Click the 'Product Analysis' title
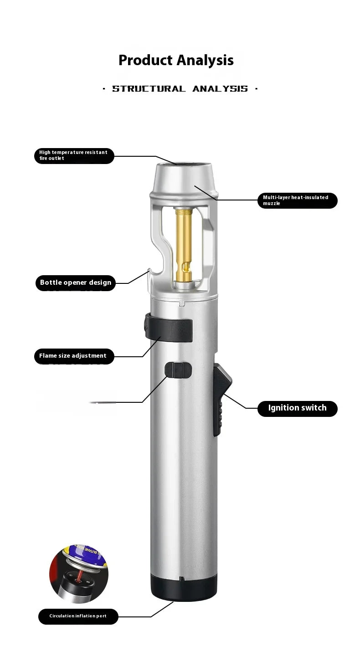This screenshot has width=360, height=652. (176, 60)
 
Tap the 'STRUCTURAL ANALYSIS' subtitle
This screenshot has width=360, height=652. (180, 89)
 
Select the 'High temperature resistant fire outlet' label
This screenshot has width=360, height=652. (74, 155)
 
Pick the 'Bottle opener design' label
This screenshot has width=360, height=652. (75, 282)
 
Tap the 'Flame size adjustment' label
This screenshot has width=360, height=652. (73, 356)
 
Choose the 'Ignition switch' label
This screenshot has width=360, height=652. (297, 408)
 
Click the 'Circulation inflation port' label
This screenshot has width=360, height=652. (78, 616)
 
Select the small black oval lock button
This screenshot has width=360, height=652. (178, 370)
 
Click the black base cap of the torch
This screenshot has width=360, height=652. (184, 588)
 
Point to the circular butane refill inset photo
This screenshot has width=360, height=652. (79, 573)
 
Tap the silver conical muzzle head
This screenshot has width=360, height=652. (184, 180)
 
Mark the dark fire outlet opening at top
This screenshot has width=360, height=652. (185, 164)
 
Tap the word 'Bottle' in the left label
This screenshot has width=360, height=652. (51, 282)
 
